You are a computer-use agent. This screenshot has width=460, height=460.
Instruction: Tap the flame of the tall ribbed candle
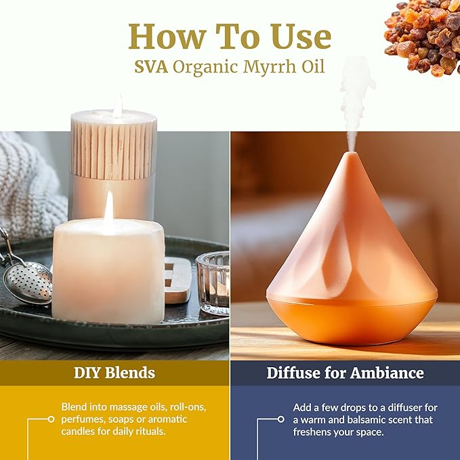[118, 106]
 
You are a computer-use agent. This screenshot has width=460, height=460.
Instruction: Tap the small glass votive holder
[212, 283]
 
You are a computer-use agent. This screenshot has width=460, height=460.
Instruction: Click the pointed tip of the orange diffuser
[351, 158]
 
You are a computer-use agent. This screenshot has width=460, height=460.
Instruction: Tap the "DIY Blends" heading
[114, 373]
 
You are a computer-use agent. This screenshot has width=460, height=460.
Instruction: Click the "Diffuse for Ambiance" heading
[345, 373]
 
